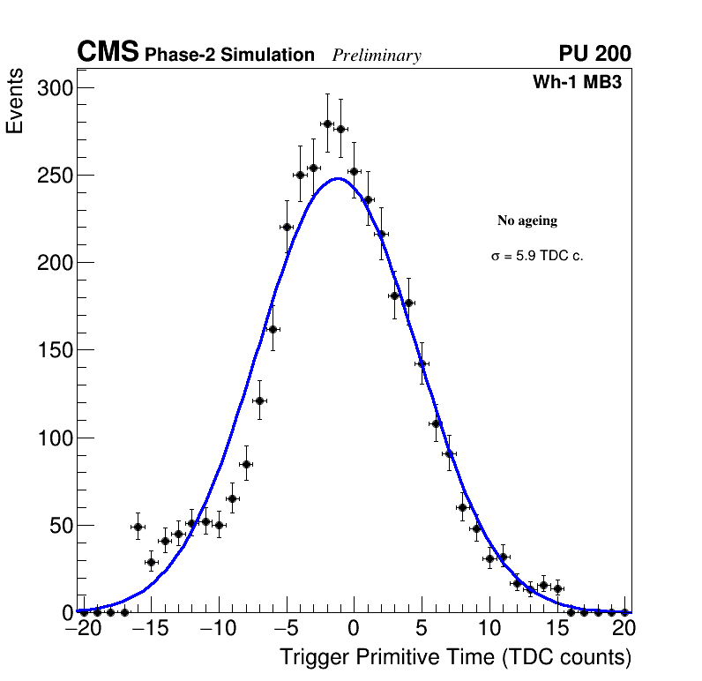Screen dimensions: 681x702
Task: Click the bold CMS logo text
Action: click(x=108, y=53)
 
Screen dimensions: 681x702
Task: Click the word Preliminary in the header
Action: click(x=377, y=56)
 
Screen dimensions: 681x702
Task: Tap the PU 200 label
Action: click(x=594, y=54)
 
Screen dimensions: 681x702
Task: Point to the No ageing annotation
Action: click(x=527, y=221)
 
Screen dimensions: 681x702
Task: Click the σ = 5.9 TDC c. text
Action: click(x=537, y=256)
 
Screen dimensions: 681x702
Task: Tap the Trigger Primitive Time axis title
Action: click(x=455, y=657)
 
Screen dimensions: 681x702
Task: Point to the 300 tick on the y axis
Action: click(x=56, y=87)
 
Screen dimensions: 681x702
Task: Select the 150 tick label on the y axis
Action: click(x=56, y=350)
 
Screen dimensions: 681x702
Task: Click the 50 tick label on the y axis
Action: click(x=61, y=526)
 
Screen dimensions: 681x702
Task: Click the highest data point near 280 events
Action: click(x=327, y=123)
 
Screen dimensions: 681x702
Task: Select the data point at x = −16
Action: click(x=138, y=527)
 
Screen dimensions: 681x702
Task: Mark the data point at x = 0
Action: click(x=354, y=172)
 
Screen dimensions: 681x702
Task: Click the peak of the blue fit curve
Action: click(x=339, y=178)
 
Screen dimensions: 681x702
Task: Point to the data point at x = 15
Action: click(x=557, y=588)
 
